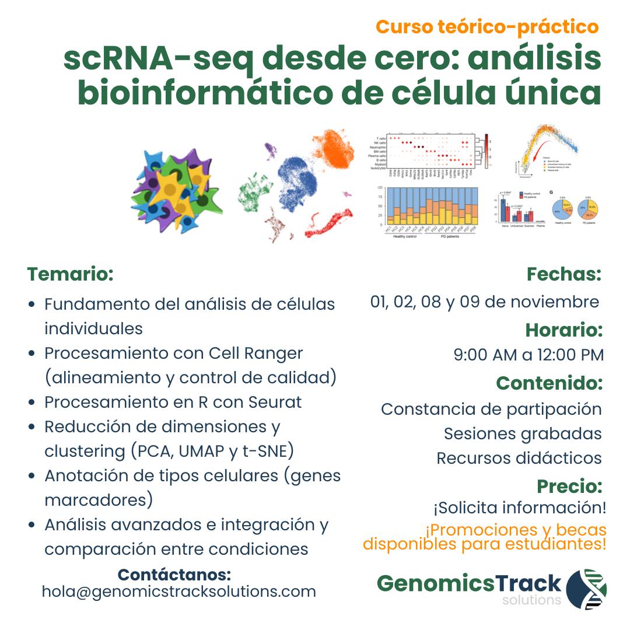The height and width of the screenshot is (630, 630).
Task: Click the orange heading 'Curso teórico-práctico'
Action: click(x=487, y=27)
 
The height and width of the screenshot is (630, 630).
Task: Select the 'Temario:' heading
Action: click(x=70, y=274)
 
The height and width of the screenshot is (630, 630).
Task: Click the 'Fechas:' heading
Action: click(x=563, y=274)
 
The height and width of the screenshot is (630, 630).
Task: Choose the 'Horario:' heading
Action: click(x=563, y=330)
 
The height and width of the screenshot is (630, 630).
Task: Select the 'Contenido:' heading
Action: click(x=549, y=383)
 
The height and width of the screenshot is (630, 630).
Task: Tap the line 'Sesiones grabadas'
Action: click(x=523, y=433)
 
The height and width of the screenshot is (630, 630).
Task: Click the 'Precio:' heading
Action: click(x=569, y=485)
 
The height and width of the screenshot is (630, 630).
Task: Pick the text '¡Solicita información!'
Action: click(x=519, y=508)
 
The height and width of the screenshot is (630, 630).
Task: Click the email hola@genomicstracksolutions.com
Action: click(x=178, y=591)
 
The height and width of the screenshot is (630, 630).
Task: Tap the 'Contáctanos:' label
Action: click(x=174, y=574)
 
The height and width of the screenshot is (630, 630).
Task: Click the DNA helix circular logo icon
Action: click(x=586, y=589)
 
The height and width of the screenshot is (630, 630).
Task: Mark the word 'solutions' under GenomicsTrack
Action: click(x=531, y=600)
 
